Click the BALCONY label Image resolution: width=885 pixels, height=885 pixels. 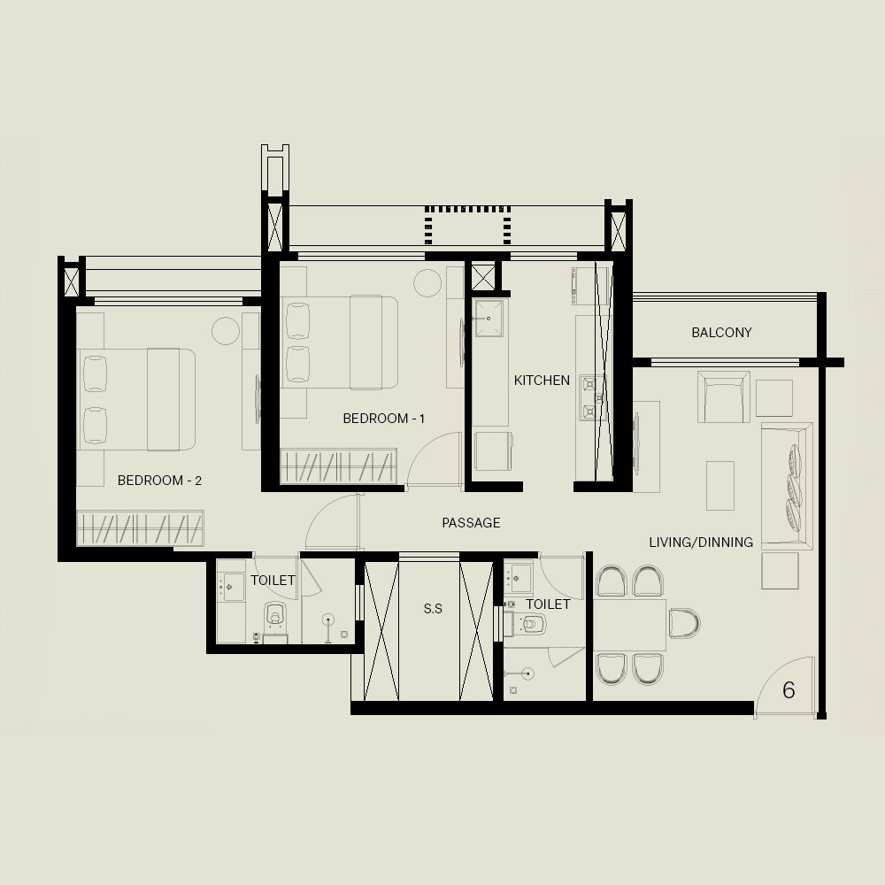tap(721, 333)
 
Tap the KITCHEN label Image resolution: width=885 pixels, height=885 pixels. tap(542, 381)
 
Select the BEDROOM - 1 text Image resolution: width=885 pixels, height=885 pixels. tap(384, 419)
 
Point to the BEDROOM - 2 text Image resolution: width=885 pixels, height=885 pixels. tap(159, 481)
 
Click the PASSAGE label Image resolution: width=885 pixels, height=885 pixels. tap(471, 523)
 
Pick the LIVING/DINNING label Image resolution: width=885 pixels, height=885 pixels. tap(701, 543)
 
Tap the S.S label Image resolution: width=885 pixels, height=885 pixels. tap(433, 609)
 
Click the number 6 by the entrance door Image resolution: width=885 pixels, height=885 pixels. tap(789, 689)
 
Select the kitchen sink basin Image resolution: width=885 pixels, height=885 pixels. tap(489, 319)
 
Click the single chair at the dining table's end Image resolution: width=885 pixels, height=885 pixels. tap(684, 623)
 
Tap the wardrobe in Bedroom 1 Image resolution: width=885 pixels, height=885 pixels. tap(338, 466)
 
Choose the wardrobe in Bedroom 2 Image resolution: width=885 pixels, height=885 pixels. tap(140, 527)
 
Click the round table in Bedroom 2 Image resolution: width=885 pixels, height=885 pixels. tap(226, 331)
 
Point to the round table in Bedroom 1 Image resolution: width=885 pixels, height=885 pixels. tap(427, 283)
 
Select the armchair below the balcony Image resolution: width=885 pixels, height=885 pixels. tap(724, 396)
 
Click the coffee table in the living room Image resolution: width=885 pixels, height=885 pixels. tap(720, 485)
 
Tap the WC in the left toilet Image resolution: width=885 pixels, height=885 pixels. tap(275, 614)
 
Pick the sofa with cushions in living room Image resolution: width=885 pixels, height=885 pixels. tap(787, 486)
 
